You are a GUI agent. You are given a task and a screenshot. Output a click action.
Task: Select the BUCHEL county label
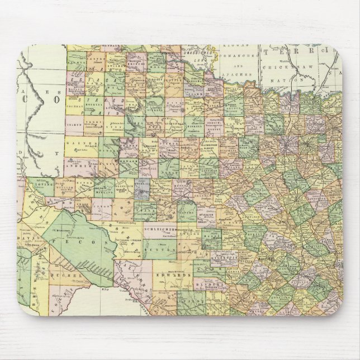pos(63,276)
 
